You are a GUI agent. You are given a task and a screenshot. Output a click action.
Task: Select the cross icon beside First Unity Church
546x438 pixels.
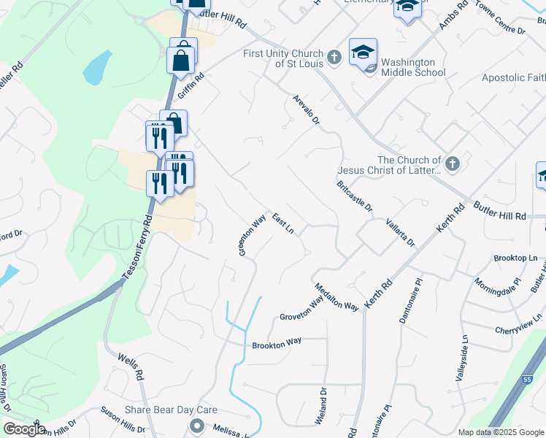(x=334, y=57)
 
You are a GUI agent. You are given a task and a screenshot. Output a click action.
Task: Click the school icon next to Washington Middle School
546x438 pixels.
(x=363, y=52)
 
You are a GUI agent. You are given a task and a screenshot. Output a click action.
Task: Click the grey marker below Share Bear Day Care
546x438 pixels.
(x=196, y=426)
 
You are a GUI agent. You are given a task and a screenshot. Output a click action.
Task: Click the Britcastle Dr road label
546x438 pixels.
(x=355, y=197)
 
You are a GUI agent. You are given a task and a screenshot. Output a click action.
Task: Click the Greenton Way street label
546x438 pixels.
(x=251, y=235)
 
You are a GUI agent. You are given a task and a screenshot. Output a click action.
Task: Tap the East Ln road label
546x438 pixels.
(x=283, y=223)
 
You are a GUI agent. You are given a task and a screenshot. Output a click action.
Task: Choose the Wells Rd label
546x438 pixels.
(x=128, y=366)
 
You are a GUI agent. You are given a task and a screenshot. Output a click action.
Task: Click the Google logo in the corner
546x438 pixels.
(x=25, y=429)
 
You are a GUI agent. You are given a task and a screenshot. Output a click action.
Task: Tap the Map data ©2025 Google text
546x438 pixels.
(x=500, y=432)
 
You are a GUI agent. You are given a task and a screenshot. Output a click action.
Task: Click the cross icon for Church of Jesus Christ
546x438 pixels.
(x=452, y=164)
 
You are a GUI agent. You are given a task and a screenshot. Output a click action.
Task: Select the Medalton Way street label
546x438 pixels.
(x=337, y=297)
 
